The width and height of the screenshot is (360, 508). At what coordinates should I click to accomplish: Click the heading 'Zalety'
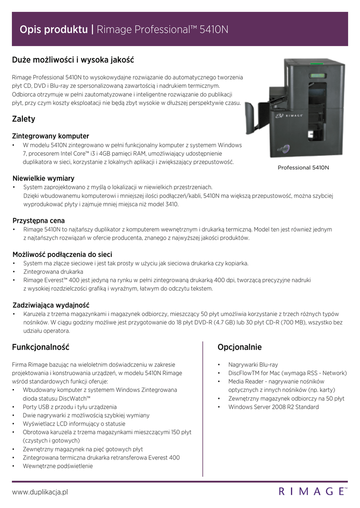pyautogui.click(x=23, y=120)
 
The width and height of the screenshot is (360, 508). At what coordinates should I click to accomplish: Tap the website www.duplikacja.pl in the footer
pyautogui.click(x=40, y=492)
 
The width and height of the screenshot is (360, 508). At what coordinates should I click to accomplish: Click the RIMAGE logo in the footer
pyautogui.click(x=312, y=492)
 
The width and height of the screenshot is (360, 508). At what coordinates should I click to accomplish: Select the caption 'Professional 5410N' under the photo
pyautogui.click(x=303, y=168)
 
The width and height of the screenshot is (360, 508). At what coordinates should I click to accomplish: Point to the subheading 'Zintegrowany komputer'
pyautogui.click(x=51, y=136)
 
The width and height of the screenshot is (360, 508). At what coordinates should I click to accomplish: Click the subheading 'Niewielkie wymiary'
pyautogui.click(x=43, y=178)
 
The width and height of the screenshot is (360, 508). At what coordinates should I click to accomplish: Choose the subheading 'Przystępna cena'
pyautogui.click(x=39, y=220)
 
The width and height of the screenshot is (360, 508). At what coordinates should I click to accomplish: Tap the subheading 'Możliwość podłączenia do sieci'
pyautogui.click(x=62, y=254)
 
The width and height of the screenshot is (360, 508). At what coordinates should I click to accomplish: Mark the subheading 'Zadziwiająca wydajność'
pyautogui.click(x=51, y=305)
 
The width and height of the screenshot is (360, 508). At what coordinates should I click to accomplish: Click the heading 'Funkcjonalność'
pyautogui.click(x=41, y=347)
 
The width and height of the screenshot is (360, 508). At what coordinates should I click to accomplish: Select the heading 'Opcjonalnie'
pyautogui.click(x=239, y=347)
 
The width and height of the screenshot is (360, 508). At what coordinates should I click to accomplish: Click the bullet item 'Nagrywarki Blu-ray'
pyautogui.click(x=253, y=364)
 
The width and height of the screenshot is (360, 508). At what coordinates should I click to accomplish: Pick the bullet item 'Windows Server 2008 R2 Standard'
pyautogui.click(x=274, y=407)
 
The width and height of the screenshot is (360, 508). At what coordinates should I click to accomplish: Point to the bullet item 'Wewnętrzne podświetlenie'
pyautogui.click(x=58, y=466)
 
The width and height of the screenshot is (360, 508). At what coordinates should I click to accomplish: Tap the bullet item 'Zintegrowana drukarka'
pyautogui.click(x=53, y=272)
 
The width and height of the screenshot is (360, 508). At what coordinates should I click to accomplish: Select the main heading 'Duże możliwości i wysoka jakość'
pyautogui.click(x=73, y=60)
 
